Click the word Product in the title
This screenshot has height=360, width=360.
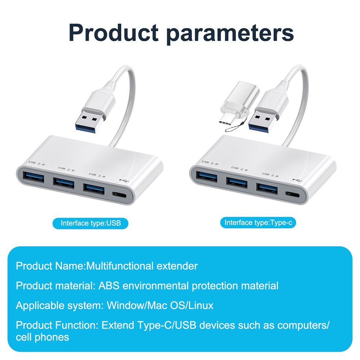[x=113, y=32]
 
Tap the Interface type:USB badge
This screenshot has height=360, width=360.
[x=90, y=223]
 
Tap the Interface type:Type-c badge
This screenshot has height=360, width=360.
[x=258, y=222]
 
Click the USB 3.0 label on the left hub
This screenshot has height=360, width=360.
[x=97, y=175]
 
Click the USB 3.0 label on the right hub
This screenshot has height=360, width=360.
[x=270, y=175]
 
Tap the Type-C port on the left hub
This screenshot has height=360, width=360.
[x=119, y=195]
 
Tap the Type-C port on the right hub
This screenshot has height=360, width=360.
[x=292, y=195]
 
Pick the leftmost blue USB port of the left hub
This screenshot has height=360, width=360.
[x=33, y=176]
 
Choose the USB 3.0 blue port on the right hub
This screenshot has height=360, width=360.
[x=267, y=189]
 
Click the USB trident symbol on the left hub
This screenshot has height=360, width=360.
[x=124, y=181]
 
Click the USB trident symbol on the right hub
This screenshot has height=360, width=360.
[x=297, y=181]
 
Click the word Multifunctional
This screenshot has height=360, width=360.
[x=120, y=266]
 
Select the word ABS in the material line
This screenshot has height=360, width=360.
[x=109, y=285]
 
